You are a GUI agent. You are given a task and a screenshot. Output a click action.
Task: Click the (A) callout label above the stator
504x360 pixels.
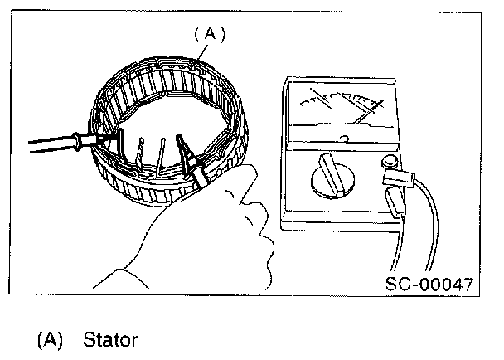point(210,34)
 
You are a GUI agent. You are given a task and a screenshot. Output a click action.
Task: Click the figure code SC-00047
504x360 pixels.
point(429,285)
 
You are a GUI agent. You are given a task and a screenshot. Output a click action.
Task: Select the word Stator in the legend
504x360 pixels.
point(110,340)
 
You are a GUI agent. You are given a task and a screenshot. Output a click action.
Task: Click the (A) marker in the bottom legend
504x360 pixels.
point(50,340)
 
